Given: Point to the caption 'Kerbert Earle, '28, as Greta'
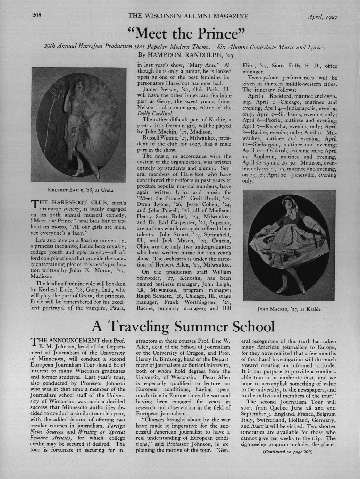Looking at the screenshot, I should pos(81,190).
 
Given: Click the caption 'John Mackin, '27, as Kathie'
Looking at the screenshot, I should pos(288,309).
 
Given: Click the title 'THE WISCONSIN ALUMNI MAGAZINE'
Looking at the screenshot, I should pos(188,16).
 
